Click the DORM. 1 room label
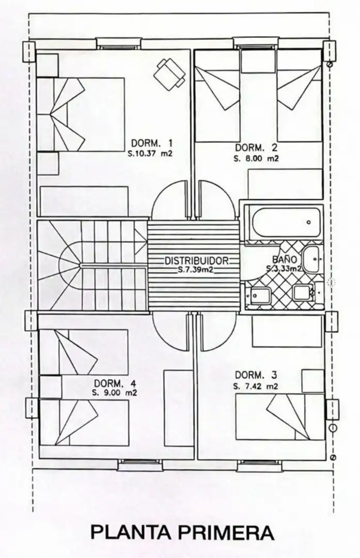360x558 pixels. tap(152, 144)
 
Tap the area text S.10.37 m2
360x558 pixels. tap(150, 154)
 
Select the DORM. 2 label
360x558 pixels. tap(256, 147)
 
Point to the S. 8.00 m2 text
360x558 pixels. tap(256, 159)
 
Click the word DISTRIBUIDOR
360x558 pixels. tap(197, 261)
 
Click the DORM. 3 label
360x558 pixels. tap(256, 375)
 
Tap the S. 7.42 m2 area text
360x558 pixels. tap(256, 386)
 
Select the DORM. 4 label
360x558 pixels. tap(115, 383)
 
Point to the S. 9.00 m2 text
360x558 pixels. tap(115, 393)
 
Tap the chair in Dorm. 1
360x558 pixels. tap(170, 73)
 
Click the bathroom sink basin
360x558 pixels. tap(313, 259)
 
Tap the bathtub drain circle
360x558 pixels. tap(308, 222)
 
